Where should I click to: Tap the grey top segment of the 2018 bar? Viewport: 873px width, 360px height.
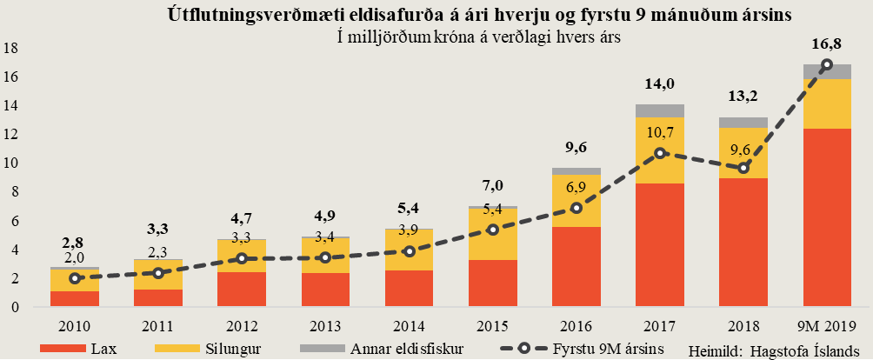(x=743, y=123)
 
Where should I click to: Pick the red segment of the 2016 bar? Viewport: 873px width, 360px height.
(x=576, y=266)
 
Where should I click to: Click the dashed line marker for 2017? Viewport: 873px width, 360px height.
(x=660, y=153)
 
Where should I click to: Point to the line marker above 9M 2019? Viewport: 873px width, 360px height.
(x=826, y=64)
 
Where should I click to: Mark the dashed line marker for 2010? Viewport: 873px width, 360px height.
(x=75, y=278)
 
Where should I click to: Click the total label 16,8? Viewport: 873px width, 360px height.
(x=825, y=44)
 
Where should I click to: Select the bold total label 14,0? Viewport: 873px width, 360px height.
(x=659, y=85)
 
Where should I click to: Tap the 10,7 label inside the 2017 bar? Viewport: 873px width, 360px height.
(x=659, y=133)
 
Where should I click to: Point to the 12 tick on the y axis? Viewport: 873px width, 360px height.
(x=12, y=134)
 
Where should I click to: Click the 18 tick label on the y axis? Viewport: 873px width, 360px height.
(x=12, y=48)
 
